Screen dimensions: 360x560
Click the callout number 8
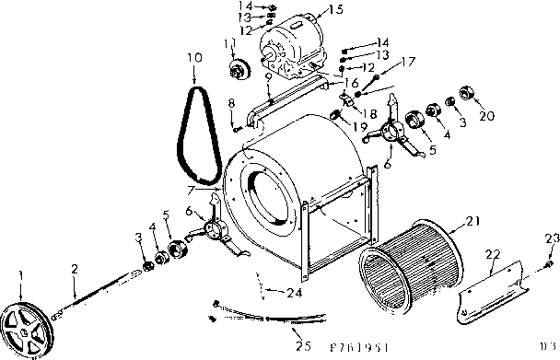point(231,102)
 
